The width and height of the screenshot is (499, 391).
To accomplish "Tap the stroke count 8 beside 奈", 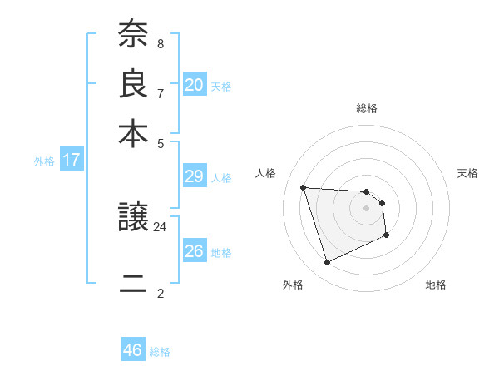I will tap(160, 43).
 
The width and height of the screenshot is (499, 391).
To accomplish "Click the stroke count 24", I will tap(161, 226).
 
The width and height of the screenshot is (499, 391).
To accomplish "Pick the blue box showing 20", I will tap(194, 84).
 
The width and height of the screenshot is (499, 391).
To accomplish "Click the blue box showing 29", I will tap(194, 176).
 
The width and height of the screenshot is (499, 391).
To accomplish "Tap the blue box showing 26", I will tap(194, 250).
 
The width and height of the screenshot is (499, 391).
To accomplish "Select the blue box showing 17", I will tap(72, 159).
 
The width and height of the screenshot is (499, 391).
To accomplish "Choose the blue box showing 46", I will tap(133, 350).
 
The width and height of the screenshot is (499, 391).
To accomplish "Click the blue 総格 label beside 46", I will tap(160, 352).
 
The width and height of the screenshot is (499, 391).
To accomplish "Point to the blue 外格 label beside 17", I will tap(43, 161).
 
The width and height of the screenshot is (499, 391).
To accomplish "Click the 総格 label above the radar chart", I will tap(367, 108).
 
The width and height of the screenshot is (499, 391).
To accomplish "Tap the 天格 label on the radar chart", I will tap(467, 173).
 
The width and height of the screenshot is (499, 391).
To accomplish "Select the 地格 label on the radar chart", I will tap(436, 285).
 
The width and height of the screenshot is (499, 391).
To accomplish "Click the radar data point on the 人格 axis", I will tap(304, 187).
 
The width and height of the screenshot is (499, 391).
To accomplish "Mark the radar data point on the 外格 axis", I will tap(327, 263).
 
